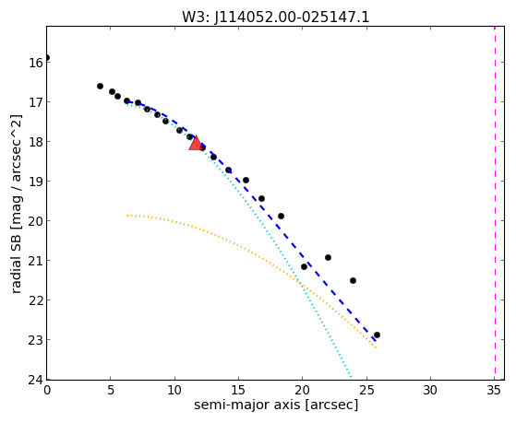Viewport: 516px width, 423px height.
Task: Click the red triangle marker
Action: (x=196, y=143)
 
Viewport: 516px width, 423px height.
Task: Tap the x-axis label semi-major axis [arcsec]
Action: (x=276, y=405)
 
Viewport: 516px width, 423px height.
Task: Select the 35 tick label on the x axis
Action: (x=494, y=390)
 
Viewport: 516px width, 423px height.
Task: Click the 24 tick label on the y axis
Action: (x=36, y=380)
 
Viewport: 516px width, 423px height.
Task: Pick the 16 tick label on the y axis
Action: (x=36, y=63)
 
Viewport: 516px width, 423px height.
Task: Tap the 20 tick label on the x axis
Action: (x=302, y=390)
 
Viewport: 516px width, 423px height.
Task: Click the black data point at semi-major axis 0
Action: (x=47, y=58)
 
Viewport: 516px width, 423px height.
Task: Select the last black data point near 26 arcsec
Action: (x=378, y=335)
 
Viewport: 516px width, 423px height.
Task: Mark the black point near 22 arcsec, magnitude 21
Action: (x=328, y=257)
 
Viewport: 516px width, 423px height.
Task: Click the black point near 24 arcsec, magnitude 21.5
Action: (x=354, y=280)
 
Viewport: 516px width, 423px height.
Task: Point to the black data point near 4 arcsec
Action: (x=100, y=86)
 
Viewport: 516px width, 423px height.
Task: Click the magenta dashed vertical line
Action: (x=495, y=203)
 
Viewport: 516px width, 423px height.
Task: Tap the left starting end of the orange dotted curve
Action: (x=127, y=216)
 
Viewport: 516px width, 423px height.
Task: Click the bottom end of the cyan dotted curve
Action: (x=351, y=377)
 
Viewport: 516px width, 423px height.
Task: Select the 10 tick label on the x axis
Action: (x=174, y=390)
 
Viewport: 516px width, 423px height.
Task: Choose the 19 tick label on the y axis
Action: (x=36, y=182)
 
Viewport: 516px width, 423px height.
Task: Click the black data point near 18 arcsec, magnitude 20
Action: (x=281, y=216)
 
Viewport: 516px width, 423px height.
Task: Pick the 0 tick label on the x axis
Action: (x=47, y=390)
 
